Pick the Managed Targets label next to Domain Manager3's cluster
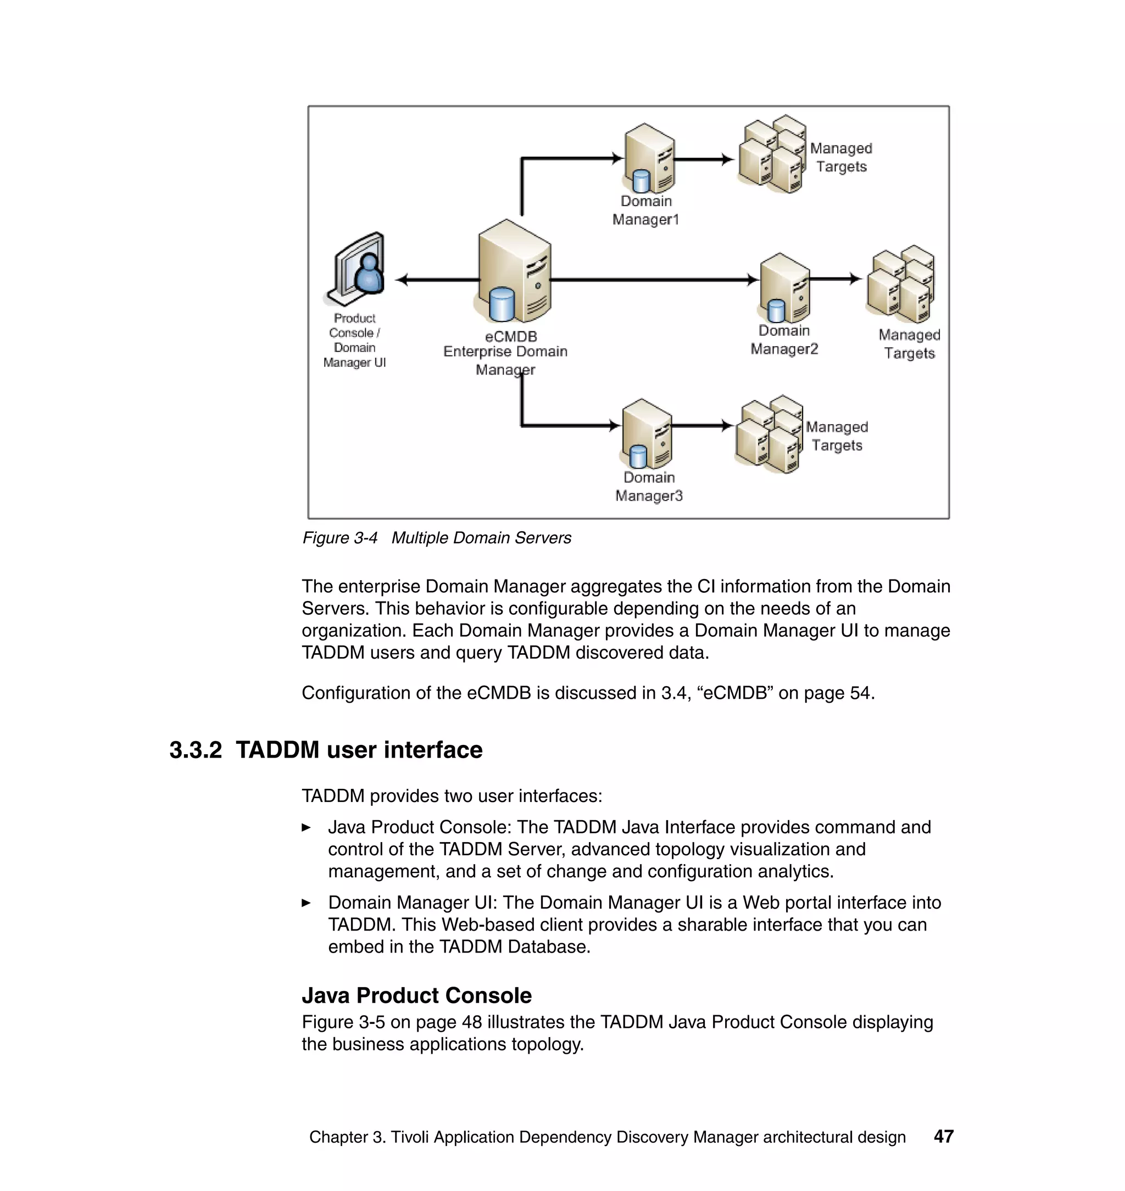837,436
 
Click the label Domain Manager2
784,340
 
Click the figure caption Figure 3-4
339,538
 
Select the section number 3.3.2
196,750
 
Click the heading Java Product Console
416,995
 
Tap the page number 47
943,1137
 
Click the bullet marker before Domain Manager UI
307,903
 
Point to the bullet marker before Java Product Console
307,827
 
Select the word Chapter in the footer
338,1137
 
